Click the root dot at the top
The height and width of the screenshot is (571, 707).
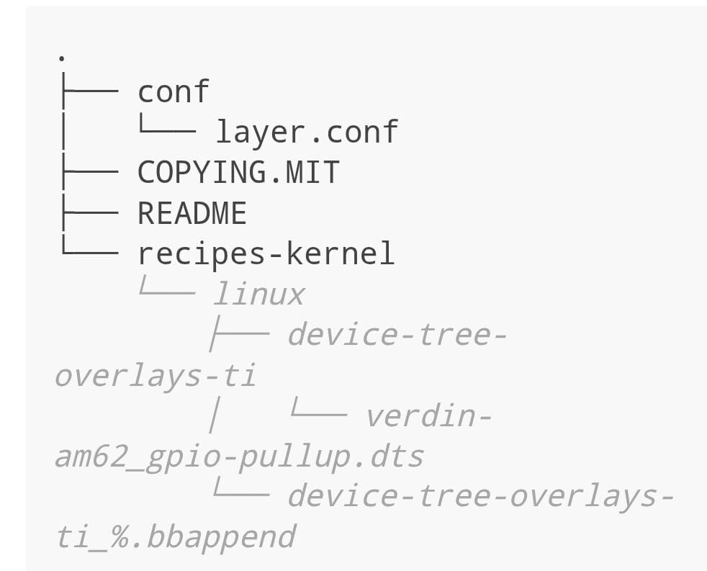(62, 57)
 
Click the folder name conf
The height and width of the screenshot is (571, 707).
(174, 92)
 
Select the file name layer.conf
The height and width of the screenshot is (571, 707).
(307, 132)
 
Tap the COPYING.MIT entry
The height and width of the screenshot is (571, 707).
(238, 173)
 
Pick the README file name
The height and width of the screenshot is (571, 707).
(192, 214)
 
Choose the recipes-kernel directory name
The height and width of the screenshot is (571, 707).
(266, 254)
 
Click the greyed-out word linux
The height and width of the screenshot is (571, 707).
(259, 295)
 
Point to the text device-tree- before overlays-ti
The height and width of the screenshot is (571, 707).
(397, 336)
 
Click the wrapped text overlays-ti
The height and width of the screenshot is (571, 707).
(156, 376)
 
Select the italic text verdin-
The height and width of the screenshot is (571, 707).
(428, 416)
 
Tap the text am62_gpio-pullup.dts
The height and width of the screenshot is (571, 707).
(240, 457)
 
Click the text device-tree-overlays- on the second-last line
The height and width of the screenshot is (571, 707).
(481, 497)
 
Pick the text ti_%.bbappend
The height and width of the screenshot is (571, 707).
(176, 537)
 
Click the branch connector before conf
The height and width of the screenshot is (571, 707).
(89, 92)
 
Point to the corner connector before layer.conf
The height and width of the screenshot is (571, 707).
(167, 130)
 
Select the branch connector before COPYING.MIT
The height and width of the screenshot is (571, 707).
(89, 173)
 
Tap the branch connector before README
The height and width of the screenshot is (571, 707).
(89, 214)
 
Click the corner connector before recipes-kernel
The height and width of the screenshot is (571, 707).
(89, 251)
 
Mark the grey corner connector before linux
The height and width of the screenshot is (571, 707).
(167, 292)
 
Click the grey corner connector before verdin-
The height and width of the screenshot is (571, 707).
(318, 413)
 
